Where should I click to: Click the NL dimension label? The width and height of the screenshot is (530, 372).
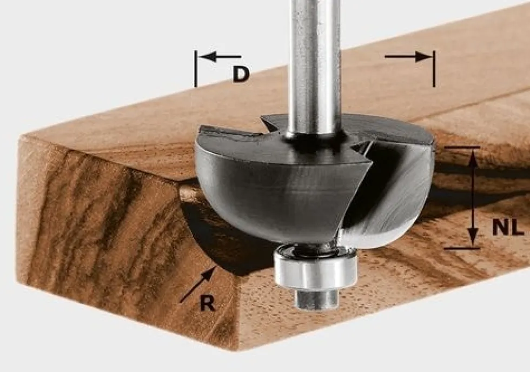pos(508,227)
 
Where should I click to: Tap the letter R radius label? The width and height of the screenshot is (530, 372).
pos(207,303)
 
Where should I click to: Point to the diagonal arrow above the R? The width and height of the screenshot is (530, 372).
pos(198,284)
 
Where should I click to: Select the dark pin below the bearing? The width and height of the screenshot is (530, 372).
pos(316,298)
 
